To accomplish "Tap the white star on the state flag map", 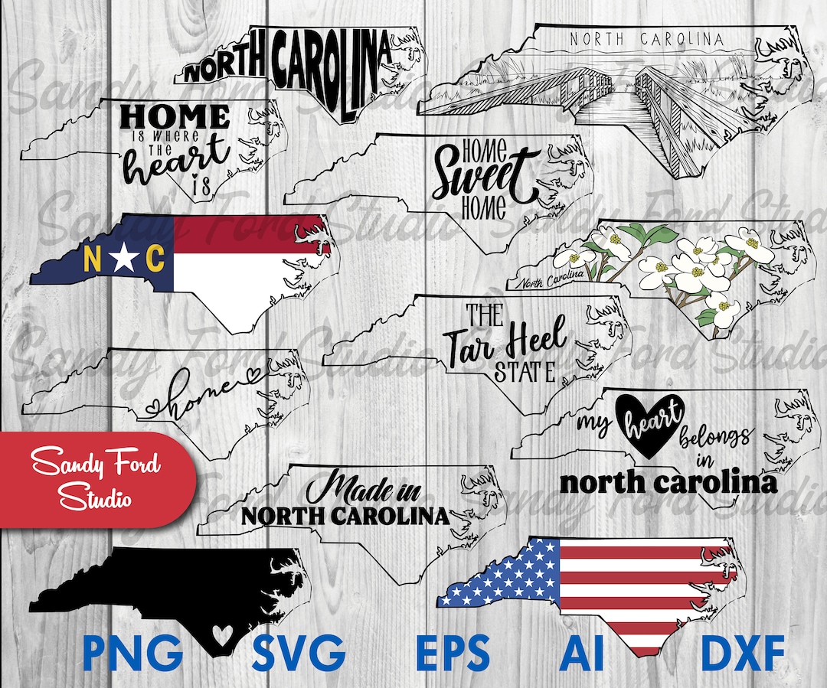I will click(123, 259).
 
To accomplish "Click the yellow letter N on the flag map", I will click(91, 259).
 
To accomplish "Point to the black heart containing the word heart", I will click(647, 424).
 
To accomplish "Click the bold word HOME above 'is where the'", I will click(175, 117).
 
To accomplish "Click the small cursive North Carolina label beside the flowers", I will click(550, 278).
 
